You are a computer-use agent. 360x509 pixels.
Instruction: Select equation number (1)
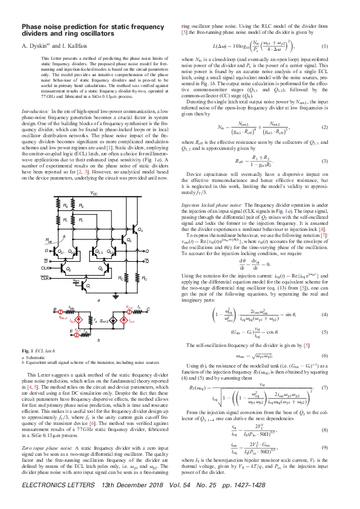point(324,47)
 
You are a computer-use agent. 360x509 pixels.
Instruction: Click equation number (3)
point(324,161)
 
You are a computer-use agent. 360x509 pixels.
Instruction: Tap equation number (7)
point(324,404)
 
